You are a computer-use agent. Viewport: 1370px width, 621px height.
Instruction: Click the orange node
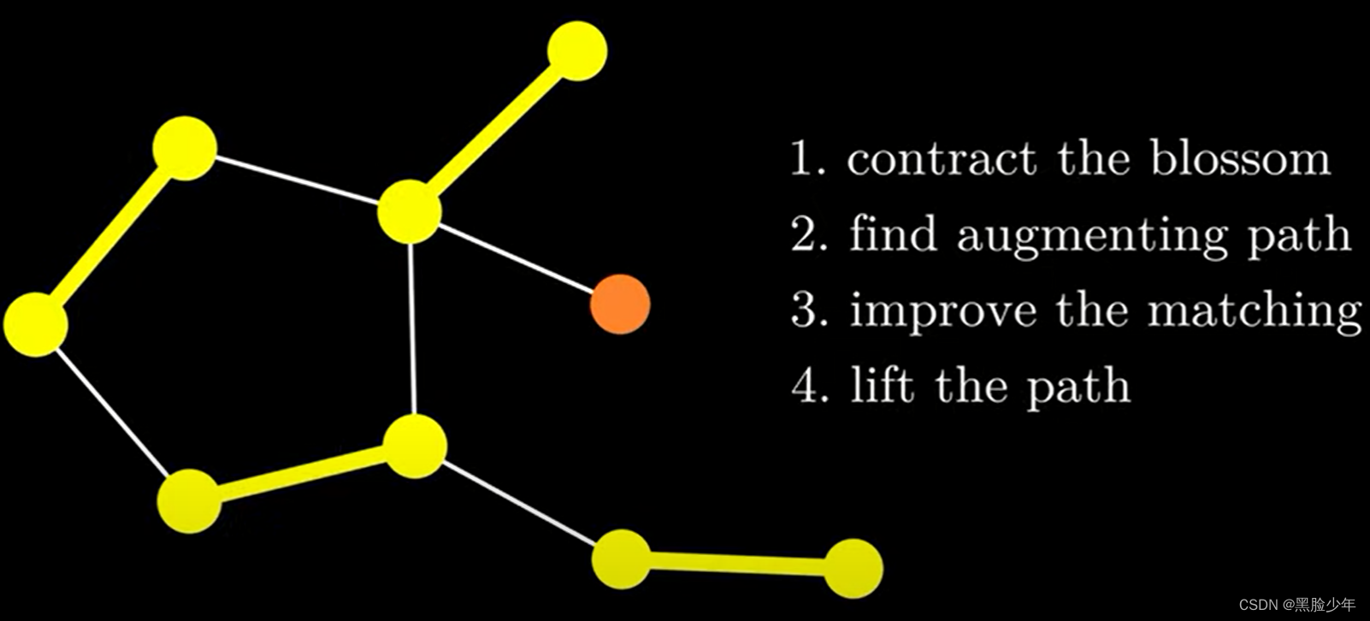[x=620, y=305]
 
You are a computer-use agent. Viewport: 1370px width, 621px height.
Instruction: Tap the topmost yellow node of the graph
[x=577, y=51]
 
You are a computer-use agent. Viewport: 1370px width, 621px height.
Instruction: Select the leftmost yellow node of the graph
[x=35, y=324]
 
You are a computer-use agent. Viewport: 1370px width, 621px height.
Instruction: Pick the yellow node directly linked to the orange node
[x=410, y=211]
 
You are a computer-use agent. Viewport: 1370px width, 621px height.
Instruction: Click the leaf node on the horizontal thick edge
[x=853, y=568]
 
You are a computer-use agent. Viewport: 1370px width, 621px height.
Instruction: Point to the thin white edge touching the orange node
[x=515, y=257]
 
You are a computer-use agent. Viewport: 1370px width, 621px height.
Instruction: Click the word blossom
[x=1239, y=158]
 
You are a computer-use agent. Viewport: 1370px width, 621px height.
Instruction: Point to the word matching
[x=1254, y=311]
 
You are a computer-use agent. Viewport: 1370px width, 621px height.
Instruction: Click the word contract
[x=941, y=159]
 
